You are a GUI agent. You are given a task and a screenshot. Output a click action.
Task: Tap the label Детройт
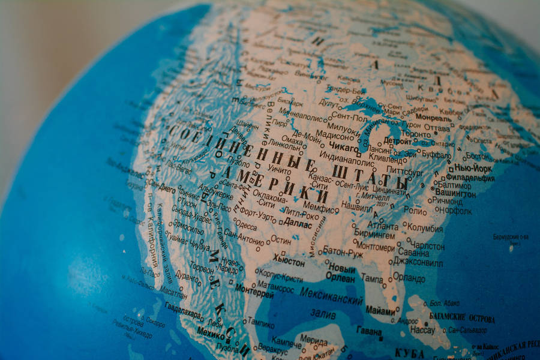pos(398,141)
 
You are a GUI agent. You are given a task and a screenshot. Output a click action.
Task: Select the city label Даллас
pos(298,224)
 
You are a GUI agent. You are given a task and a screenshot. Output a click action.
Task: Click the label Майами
pos(380,311)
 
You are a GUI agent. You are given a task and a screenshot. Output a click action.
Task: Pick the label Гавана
pos(368,331)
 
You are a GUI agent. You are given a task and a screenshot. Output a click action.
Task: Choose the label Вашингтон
pos(455,193)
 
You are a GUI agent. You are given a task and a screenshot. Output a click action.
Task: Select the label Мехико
pos(211,332)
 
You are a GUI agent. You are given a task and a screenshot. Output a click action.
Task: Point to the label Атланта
pos(383,226)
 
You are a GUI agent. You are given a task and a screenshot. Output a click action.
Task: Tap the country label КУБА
pos(410,353)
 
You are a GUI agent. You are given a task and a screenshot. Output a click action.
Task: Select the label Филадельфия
pos(474,178)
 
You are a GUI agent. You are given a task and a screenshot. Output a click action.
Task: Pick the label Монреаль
pos(434,118)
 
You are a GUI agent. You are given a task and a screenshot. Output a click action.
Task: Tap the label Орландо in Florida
pos(409,278)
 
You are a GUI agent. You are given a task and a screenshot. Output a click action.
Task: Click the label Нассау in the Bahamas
pos(422,330)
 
